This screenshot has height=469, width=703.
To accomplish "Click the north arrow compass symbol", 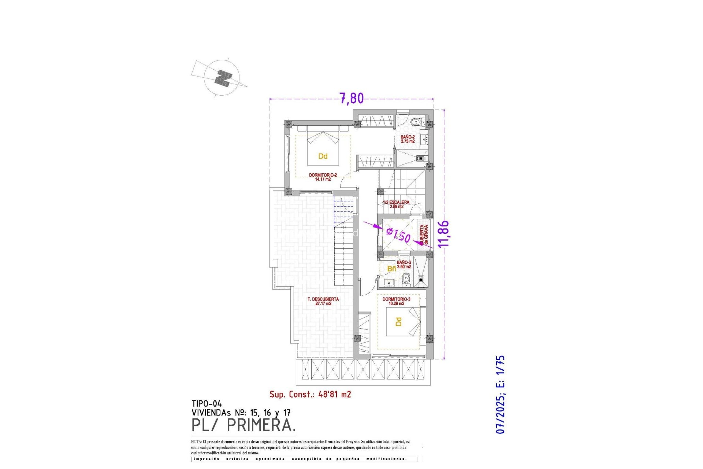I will pos(222,78).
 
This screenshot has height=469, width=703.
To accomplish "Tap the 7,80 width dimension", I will pos(352,98).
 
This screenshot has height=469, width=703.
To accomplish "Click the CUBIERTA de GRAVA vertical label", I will pos(424,235).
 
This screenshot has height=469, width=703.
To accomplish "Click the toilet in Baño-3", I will pos(406,281).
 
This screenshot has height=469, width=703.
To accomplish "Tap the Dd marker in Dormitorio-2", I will pos(323,156).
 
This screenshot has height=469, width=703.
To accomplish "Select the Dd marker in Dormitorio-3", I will pos(398,322).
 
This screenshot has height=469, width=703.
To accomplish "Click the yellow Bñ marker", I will pos(391,269).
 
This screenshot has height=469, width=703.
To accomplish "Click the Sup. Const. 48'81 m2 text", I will pos(310,394).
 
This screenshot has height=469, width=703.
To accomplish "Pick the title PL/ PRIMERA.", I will pos(243,425).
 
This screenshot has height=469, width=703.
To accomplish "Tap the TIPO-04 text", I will pos(207,404).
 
